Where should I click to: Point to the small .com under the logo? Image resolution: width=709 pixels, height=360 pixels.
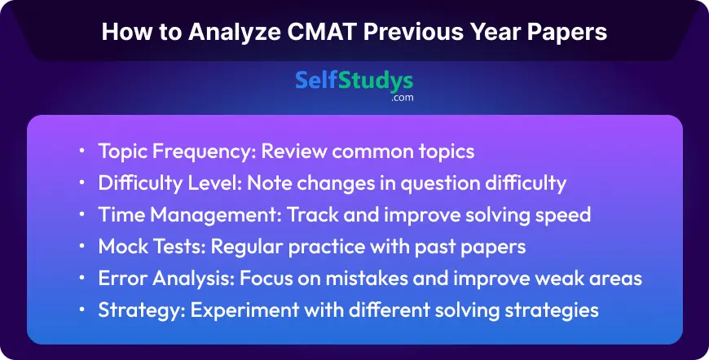tap(402, 98)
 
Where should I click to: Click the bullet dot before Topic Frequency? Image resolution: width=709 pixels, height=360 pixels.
tap(81, 151)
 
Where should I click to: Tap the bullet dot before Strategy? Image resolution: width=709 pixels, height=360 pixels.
tap(81, 310)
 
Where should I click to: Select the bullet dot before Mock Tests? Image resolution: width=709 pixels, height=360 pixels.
tap(81, 247)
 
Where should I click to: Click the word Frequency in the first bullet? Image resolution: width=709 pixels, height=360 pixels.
tap(204, 152)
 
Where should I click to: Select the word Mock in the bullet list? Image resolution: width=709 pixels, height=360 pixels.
tap(121, 247)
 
